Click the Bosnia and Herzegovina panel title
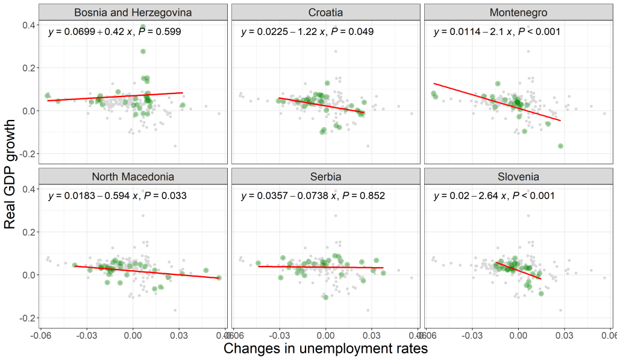pyautogui.click(x=133, y=12)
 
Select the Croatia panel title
pyautogui.click(x=325, y=12)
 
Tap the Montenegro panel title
pyautogui.click(x=518, y=12)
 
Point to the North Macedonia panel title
pyautogui.click(x=133, y=177)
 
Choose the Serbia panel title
pyautogui.click(x=325, y=177)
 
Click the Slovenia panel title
pyautogui.click(x=518, y=177)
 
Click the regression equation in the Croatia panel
pyautogui.click(x=307, y=31)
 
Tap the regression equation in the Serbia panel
pyautogui.click(x=313, y=196)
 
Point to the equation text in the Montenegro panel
pyautogui.click(x=497, y=31)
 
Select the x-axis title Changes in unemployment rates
pyautogui.click(x=325, y=349)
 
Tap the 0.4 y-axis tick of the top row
pyautogui.click(x=28, y=25)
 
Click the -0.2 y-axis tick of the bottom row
pyautogui.click(x=27, y=318)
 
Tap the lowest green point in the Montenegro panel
pyautogui.click(x=560, y=146)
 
